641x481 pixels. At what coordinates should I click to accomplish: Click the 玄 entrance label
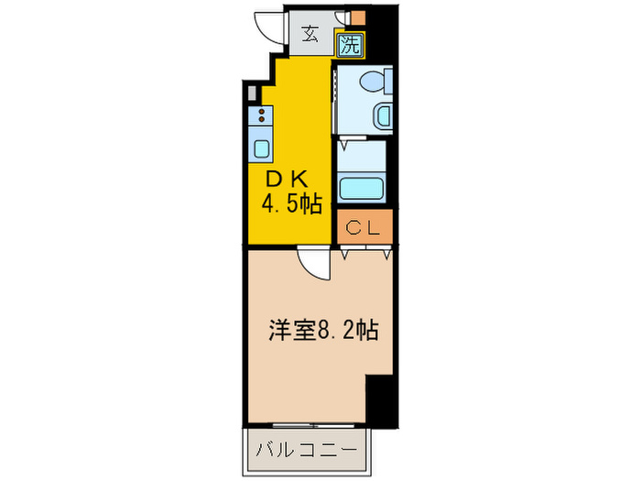click(x=311, y=36)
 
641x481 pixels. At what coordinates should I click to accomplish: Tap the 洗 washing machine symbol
click(x=350, y=41)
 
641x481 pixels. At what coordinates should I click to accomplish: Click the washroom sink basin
click(x=382, y=116)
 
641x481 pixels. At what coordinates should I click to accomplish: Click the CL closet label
click(x=364, y=226)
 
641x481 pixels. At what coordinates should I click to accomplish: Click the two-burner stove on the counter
click(x=261, y=115)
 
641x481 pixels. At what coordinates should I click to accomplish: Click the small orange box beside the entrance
click(x=357, y=16)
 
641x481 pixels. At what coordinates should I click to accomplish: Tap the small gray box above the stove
click(x=249, y=93)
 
